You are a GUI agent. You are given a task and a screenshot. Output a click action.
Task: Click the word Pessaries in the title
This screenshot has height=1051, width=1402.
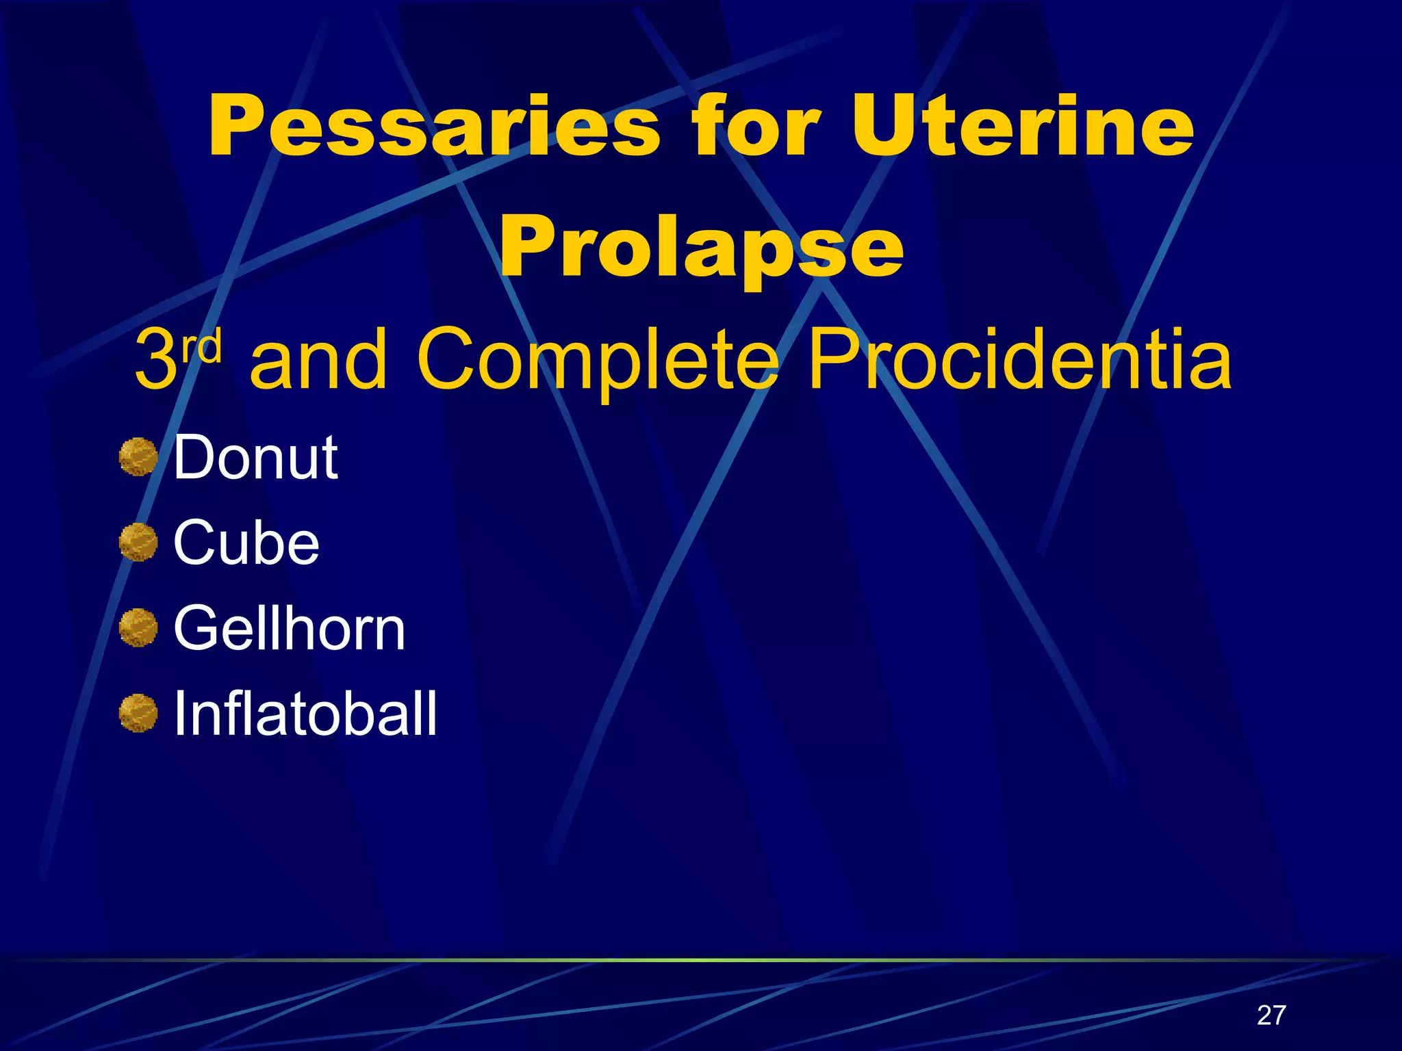[434, 127]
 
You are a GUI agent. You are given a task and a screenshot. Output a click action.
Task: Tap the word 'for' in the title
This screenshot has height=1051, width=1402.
[754, 127]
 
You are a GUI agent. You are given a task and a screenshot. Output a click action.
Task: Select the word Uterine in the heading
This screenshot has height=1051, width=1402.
[1023, 127]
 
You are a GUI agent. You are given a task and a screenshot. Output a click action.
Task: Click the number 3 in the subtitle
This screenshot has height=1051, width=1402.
[156, 360]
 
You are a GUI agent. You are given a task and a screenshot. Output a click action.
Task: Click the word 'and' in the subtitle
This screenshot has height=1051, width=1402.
[319, 360]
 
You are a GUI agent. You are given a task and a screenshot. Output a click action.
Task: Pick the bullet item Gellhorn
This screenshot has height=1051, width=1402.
[290, 628]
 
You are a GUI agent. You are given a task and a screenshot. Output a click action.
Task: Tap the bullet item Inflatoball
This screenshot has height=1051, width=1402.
[305, 714]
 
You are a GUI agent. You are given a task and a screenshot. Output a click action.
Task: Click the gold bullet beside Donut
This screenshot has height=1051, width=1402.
[138, 457]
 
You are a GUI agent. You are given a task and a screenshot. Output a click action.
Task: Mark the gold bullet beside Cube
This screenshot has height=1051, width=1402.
[138, 543]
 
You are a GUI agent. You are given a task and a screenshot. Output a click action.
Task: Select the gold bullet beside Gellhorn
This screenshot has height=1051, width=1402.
[138, 628]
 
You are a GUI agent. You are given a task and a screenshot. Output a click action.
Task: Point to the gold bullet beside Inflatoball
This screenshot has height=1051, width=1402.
[138, 714]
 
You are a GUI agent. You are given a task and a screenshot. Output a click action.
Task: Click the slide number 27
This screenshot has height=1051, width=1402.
[1271, 1015]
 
